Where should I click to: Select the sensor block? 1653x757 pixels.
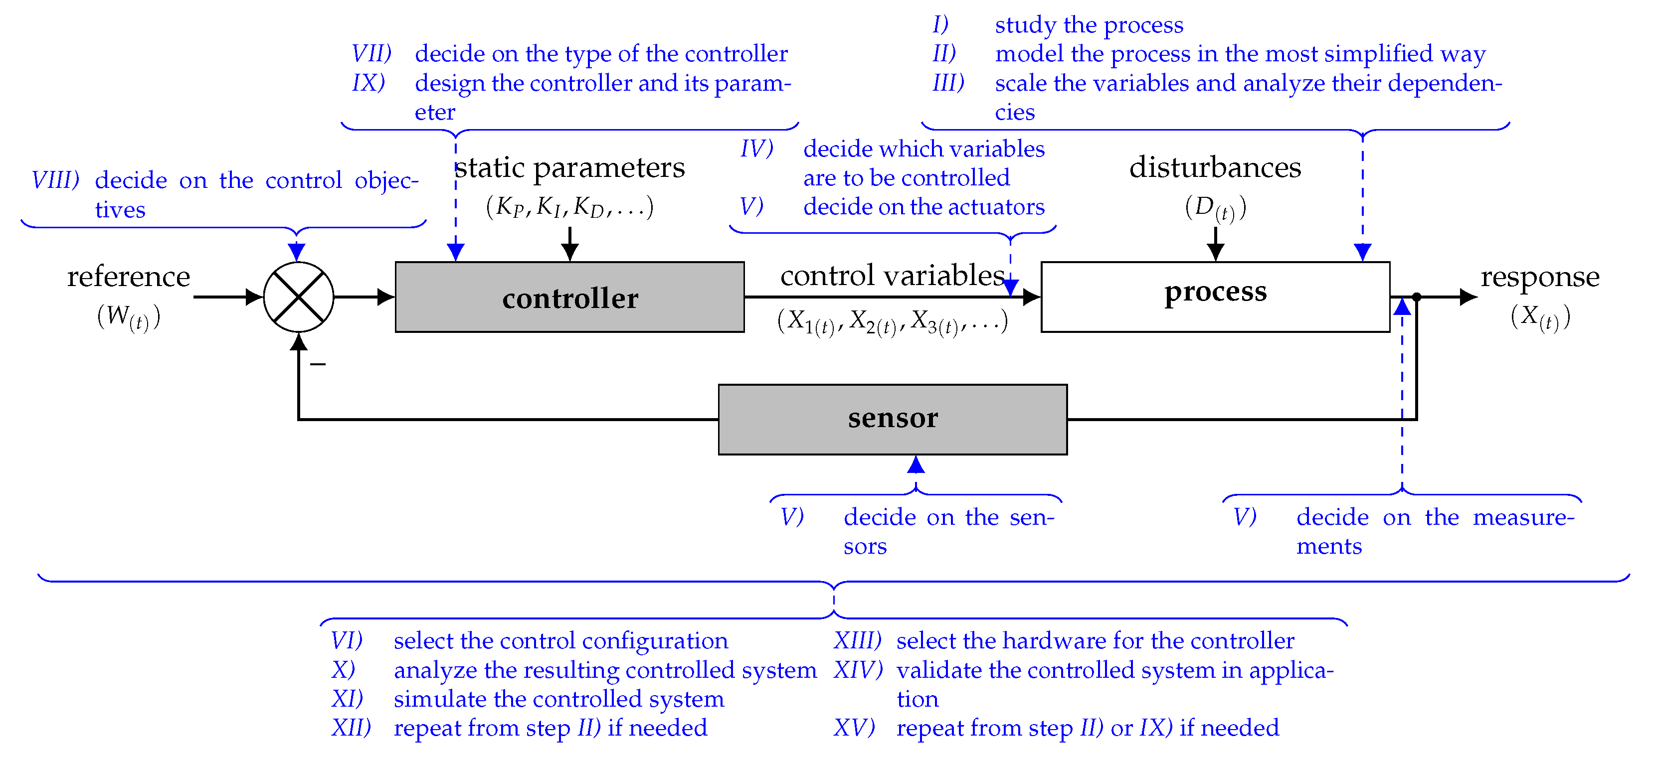click(892, 419)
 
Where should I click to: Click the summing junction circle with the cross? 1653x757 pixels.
click(298, 297)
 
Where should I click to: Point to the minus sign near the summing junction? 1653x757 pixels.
click(318, 364)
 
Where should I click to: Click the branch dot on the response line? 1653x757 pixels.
click(1416, 297)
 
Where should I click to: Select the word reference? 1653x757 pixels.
click(128, 277)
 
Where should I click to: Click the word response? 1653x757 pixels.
click(1539, 277)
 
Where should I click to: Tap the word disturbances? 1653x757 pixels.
click(1215, 167)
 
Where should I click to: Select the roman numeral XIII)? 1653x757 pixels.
click(857, 640)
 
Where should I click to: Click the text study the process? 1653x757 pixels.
click(1089, 25)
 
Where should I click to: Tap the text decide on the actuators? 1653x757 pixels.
click(923, 207)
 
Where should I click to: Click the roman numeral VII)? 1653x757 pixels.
click(371, 53)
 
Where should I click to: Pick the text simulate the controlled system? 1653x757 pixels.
click(558, 699)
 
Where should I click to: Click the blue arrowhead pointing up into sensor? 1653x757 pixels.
click(916, 464)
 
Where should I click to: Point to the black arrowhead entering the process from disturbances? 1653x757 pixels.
click(1215, 253)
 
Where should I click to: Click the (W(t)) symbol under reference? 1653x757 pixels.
click(128, 316)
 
